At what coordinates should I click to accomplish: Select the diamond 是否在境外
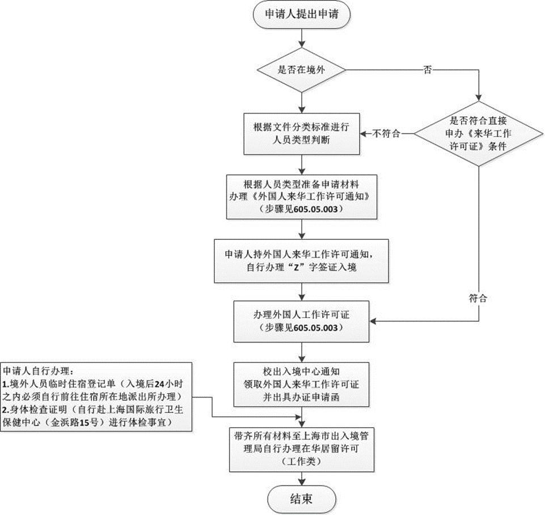[302, 70]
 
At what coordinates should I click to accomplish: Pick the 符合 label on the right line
[478, 297]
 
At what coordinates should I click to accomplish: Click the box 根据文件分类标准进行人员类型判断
[302, 132]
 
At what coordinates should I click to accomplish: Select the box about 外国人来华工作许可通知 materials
[302, 196]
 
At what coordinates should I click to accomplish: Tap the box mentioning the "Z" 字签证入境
[302, 260]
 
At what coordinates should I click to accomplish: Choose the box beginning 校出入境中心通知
[302, 384]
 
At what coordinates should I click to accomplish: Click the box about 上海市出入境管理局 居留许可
[302, 449]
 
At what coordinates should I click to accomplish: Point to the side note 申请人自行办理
[97, 396]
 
